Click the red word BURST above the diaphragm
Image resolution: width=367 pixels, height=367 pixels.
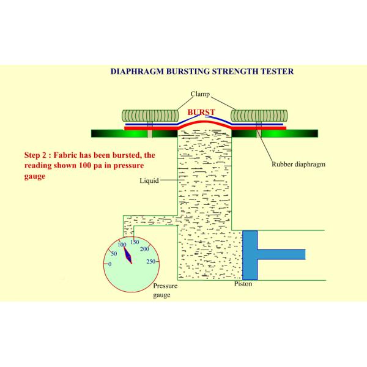(x=201, y=113)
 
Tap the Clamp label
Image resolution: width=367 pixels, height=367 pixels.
(x=200, y=94)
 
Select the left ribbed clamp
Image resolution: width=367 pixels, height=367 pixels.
(x=150, y=116)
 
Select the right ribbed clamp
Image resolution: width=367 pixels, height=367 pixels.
(x=259, y=116)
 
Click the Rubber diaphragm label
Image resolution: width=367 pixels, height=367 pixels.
(x=298, y=165)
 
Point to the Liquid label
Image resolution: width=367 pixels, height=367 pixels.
(x=149, y=180)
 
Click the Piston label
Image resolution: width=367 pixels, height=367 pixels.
(x=243, y=284)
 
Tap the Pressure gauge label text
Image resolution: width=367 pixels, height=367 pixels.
(x=165, y=290)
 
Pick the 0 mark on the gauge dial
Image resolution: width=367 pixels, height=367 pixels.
(x=109, y=264)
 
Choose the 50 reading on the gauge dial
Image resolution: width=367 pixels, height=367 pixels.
(x=114, y=253)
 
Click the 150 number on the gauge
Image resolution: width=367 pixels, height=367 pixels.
(x=135, y=242)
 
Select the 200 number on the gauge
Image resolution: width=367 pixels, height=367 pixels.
(x=144, y=249)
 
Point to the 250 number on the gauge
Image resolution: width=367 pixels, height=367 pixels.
(x=150, y=261)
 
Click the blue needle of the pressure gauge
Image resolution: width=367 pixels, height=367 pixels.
(x=128, y=255)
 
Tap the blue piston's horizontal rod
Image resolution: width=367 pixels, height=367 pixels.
(x=281, y=254)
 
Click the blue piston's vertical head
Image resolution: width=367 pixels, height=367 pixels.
(x=250, y=255)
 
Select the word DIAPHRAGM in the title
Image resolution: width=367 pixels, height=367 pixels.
(x=137, y=72)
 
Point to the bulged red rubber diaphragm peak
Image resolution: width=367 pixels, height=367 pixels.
(x=204, y=122)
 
